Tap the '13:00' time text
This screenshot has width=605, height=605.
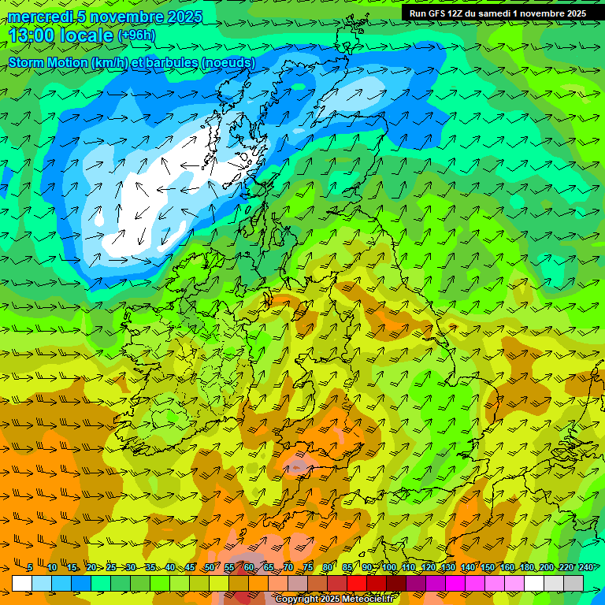(x=32, y=35)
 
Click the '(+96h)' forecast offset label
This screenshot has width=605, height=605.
(x=136, y=35)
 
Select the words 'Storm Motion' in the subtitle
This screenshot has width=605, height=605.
(x=47, y=62)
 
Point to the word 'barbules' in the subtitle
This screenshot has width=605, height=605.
(x=173, y=62)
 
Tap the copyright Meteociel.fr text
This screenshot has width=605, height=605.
(x=334, y=599)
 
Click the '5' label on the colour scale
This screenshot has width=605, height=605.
(x=30, y=567)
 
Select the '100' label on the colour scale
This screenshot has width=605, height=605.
(x=389, y=567)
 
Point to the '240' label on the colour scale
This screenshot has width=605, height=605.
(x=586, y=567)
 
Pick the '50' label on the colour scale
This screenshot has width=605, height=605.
(x=209, y=567)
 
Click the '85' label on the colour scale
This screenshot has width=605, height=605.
(x=347, y=567)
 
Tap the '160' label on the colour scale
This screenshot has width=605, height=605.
(x=507, y=567)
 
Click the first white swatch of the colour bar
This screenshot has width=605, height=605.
(x=22, y=583)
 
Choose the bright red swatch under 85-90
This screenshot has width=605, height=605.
(x=357, y=583)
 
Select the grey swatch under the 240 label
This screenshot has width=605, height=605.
(x=573, y=583)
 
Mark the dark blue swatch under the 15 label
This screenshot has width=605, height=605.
(x=81, y=583)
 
